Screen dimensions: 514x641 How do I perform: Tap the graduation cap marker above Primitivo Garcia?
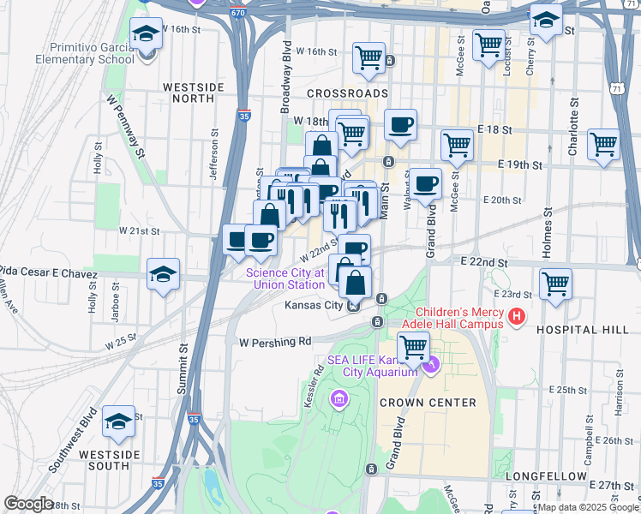147,34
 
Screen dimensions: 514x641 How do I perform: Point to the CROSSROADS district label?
347,93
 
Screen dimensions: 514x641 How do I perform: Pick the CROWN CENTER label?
415,403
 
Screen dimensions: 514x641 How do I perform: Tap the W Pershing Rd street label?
275,341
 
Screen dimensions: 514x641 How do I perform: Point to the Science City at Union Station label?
285,278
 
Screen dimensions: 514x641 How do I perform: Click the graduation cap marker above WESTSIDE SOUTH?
118,421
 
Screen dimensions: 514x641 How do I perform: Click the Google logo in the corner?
28,504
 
